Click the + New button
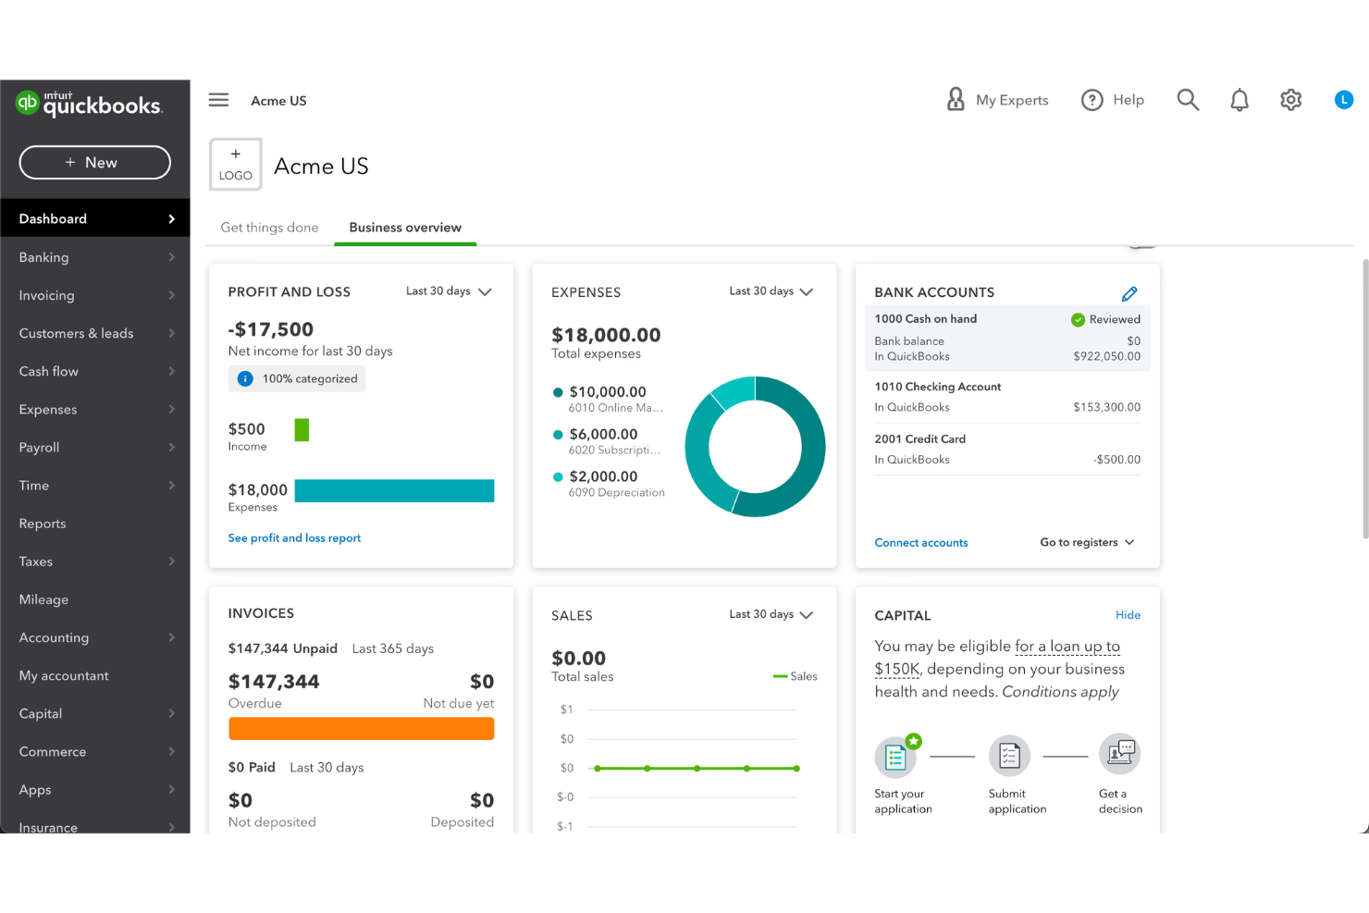(x=94, y=163)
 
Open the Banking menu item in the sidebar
(x=43, y=257)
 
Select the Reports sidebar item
(x=43, y=524)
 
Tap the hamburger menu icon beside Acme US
(x=218, y=100)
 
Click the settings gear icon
(x=1290, y=100)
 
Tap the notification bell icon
(x=1239, y=100)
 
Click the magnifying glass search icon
(x=1188, y=100)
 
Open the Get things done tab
(x=269, y=228)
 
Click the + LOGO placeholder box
(x=236, y=165)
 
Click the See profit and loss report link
(x=294, y=538)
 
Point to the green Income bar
(x=302, y=430)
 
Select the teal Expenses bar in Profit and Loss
(x=394, y=491)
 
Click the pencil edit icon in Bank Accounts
(x=1129, y=293)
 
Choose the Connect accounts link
(x=920, y=543)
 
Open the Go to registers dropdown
(x=1087, y=543)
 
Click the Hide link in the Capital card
(x=1128, y=615)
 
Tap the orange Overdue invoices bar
(x=361, y=729)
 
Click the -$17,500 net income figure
(x=271, y=329)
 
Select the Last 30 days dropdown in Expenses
(x=771, y=291)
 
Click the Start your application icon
(x=895, y=758)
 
